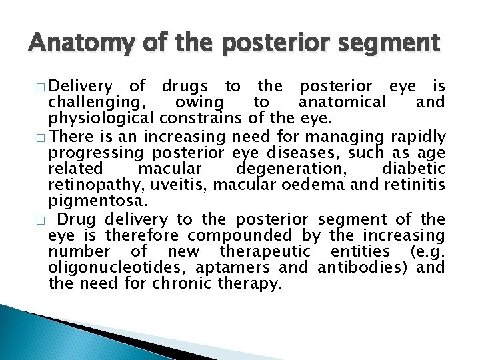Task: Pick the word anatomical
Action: (342, 103)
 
